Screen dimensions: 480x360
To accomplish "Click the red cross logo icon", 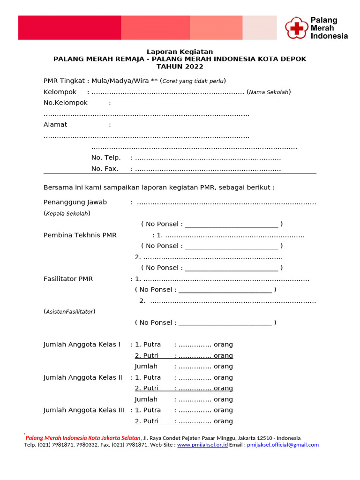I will coord(296,28).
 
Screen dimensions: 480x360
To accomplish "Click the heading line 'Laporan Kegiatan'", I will coord(180,52).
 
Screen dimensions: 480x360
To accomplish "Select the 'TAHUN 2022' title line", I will coord(180,67).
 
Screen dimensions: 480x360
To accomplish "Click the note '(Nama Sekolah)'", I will coord(269,92).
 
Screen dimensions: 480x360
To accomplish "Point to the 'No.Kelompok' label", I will coord(66,103).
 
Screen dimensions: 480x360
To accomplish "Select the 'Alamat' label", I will coord(55,125).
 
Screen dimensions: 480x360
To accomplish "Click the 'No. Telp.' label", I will coord(106,157).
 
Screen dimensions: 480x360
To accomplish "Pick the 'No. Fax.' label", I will coord(105,169).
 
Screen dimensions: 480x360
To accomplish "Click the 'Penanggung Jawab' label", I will coord(75,202).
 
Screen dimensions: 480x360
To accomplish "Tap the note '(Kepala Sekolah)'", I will coord(67,213).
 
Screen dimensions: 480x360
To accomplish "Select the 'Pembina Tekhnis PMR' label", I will coord(80,235).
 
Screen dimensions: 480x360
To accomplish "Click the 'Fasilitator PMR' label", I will coord(68,279).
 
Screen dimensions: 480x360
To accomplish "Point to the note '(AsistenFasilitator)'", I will coord(69,312).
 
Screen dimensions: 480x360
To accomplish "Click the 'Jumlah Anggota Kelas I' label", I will coord(82,345).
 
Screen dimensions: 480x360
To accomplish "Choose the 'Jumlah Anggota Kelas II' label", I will coord(82,377).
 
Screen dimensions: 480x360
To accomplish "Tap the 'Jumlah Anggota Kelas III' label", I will coord(83,410).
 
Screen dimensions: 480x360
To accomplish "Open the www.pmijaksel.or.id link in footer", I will coord(202,445).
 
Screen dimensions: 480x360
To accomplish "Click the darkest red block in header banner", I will coord(69,28).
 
